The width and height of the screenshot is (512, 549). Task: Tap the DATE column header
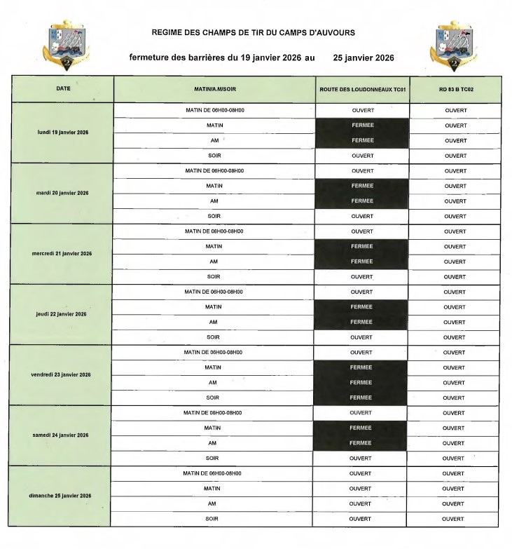coord(63,89)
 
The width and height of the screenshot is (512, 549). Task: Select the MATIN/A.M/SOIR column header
coord(214,90)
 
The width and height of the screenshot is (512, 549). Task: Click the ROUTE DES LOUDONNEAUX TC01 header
coord(361,90)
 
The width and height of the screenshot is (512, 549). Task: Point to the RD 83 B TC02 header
coord(455,90)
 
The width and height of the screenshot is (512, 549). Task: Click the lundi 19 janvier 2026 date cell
coord(63,133)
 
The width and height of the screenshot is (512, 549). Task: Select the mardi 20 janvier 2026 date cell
coord(63,193)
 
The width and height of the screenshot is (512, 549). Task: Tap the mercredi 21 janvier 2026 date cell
coord(63,253)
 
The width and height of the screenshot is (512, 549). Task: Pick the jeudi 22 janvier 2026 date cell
coord(63,314)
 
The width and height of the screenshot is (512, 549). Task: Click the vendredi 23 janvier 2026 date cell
coord(63,374)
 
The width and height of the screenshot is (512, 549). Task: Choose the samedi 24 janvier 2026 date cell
coord(63,435)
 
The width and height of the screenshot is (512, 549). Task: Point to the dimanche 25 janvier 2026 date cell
coord(63,496)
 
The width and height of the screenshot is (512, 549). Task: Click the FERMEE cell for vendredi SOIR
coord(361,398)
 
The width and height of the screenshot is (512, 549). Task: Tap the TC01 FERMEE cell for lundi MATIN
coord(361,126)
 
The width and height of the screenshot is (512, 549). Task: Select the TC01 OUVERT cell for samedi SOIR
coord(361,458)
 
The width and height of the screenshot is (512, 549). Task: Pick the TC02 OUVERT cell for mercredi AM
coord(455,262)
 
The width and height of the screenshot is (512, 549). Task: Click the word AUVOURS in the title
coord(331,32)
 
